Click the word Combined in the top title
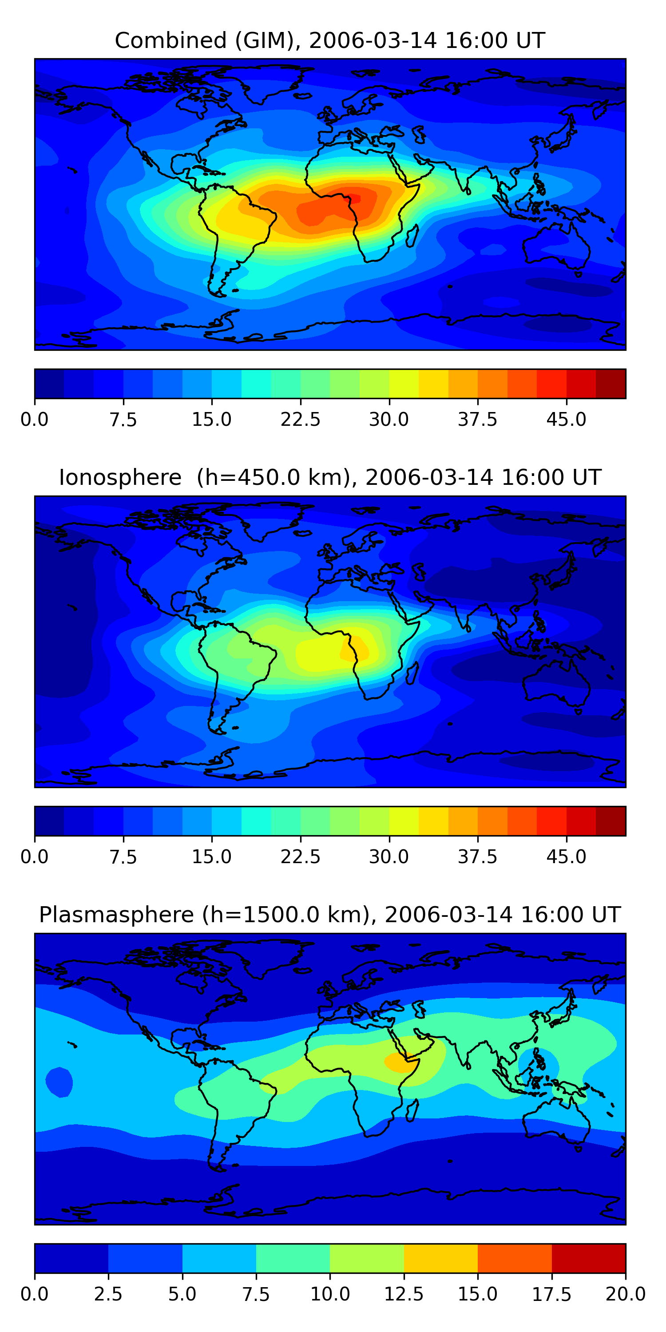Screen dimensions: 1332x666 pyautogui.click(x=170, y=40)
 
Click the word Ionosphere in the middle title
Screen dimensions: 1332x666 pyautogui.click(x=120, y=477)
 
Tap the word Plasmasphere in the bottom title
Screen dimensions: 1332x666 pyautogui.click(x=116, y=915)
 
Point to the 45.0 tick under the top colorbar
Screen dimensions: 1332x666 pyautogui.click(x=566, y=419)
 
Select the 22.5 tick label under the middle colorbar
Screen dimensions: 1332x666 pyautogui.click(x=301, y=857)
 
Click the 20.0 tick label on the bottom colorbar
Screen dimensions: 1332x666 pyautogui.click(x=625, y=1294)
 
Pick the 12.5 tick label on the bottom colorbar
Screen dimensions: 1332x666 pyautogui.click(x=404, y=1294)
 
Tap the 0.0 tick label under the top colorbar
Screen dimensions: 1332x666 pyautogui.click(x=35, y=419)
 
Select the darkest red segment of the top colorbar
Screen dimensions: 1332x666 pyautogui.click(x=610, y=384)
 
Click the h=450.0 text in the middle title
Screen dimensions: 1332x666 pyautogui.click(x=270, y=477)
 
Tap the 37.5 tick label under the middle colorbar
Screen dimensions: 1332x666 pyautogui.click(x=477, y=857)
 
